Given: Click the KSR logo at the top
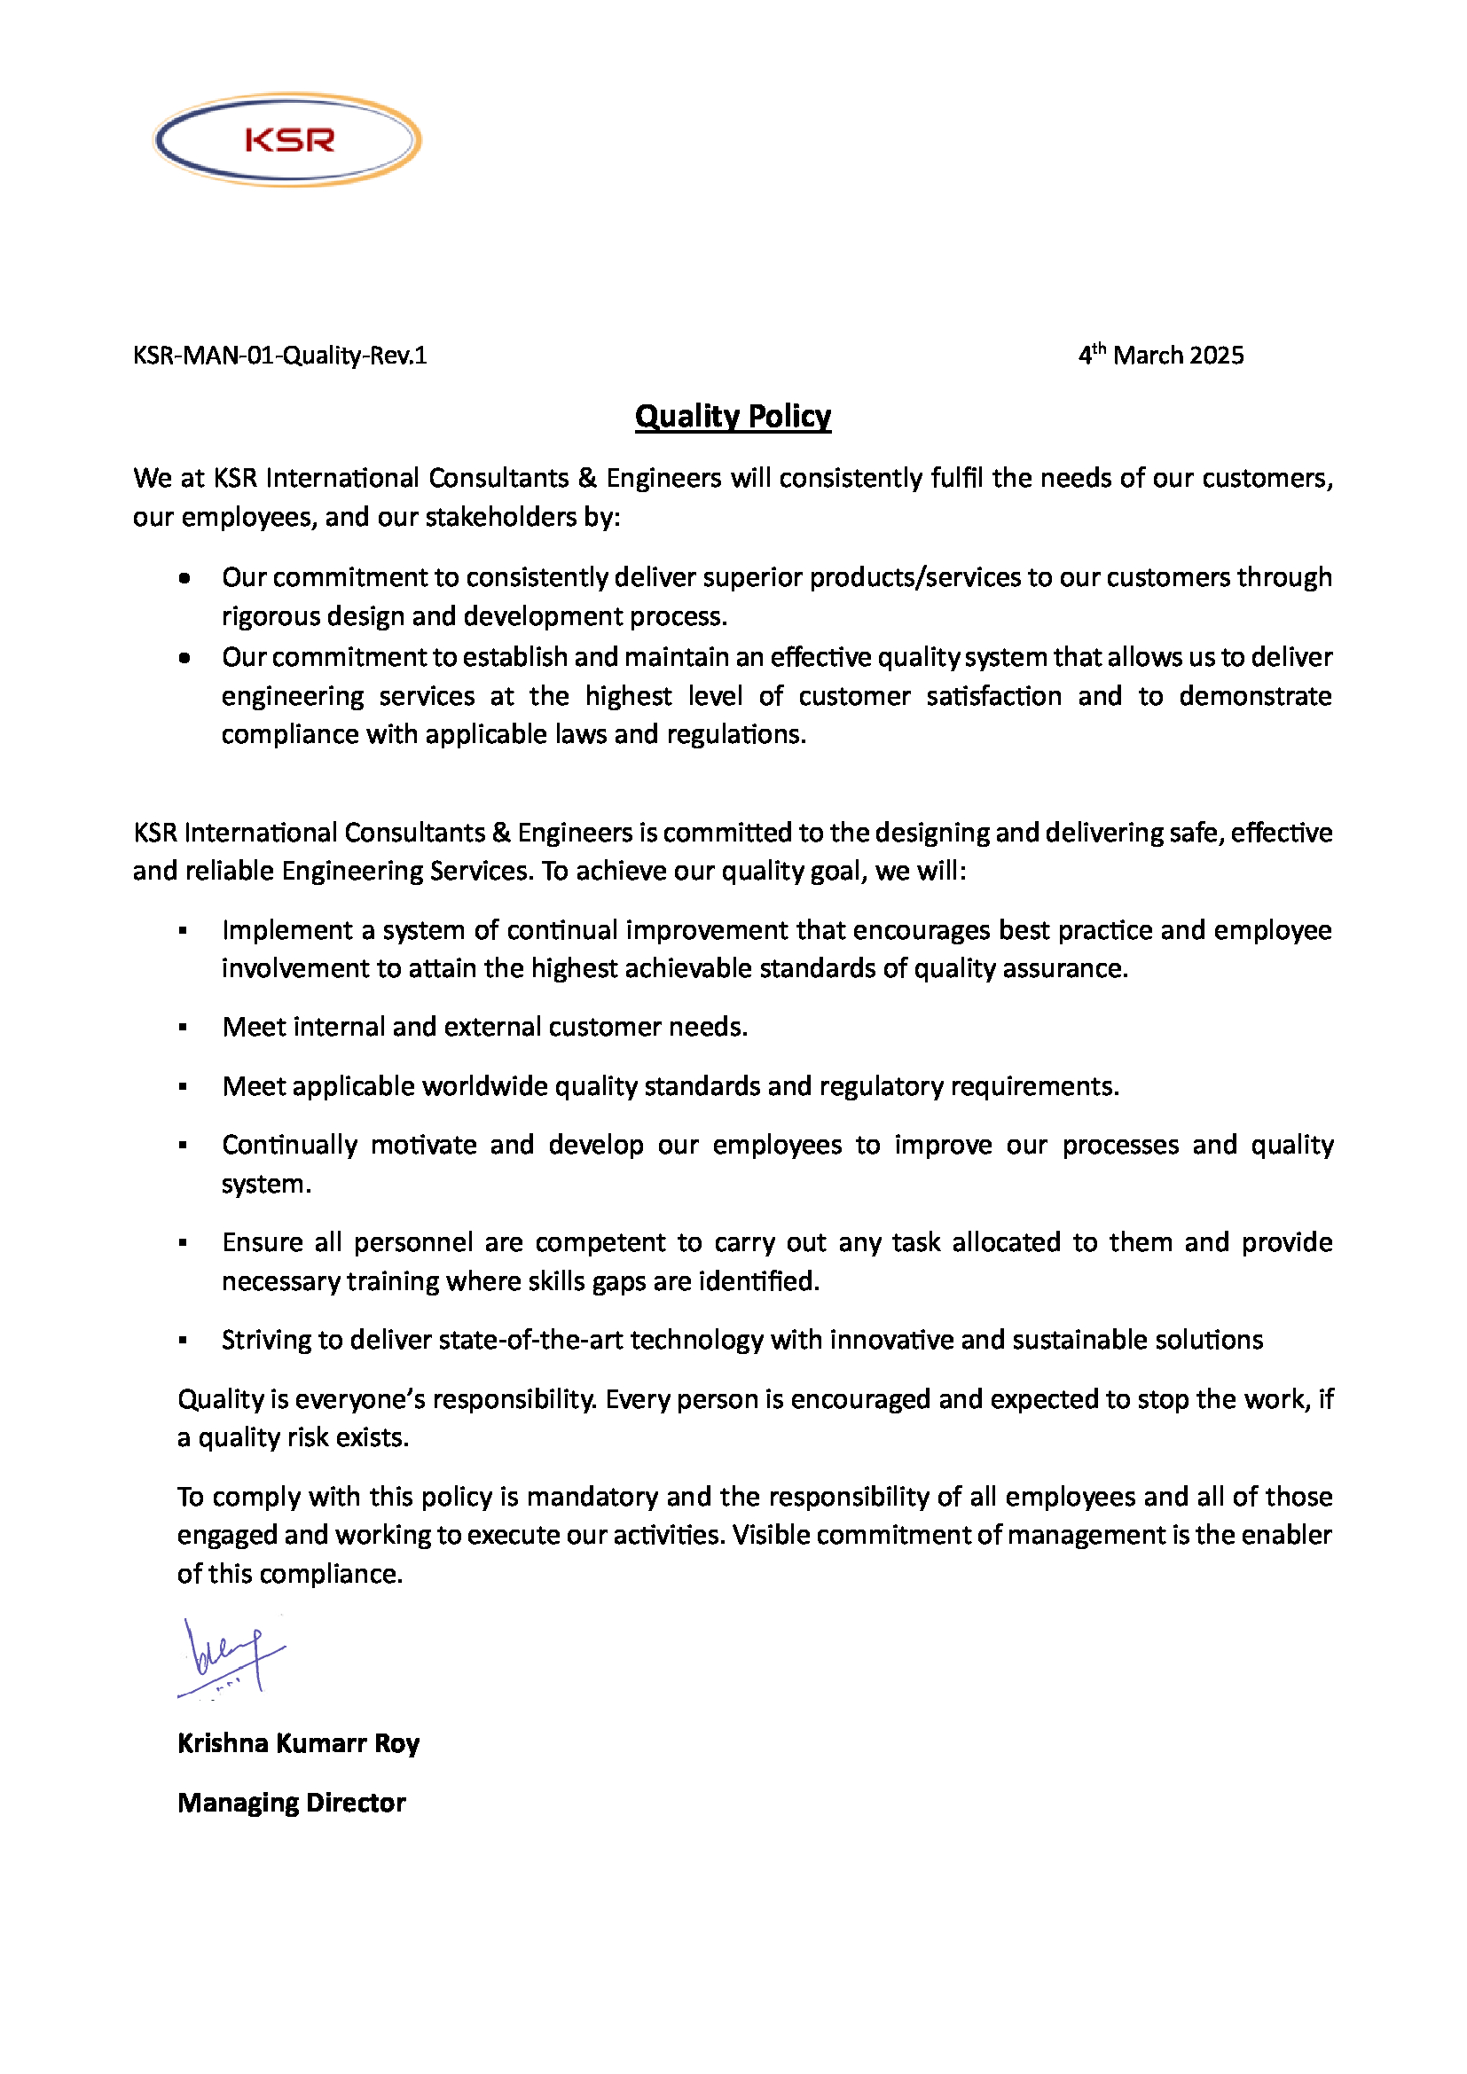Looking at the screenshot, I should coord(287,140).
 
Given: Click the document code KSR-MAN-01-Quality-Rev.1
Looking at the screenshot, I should coord(279,356).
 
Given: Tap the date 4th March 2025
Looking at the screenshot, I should coord(1161,355).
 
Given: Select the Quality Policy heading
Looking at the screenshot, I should coord(733,417).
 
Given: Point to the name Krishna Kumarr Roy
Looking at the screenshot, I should coord(298,1743).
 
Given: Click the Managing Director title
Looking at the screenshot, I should coord(291,1803).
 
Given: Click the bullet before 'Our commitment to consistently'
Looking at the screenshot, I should coord(184,578).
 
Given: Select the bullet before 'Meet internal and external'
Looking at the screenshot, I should coord(184,1027).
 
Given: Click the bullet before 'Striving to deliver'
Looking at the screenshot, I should coord(184,1341).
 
